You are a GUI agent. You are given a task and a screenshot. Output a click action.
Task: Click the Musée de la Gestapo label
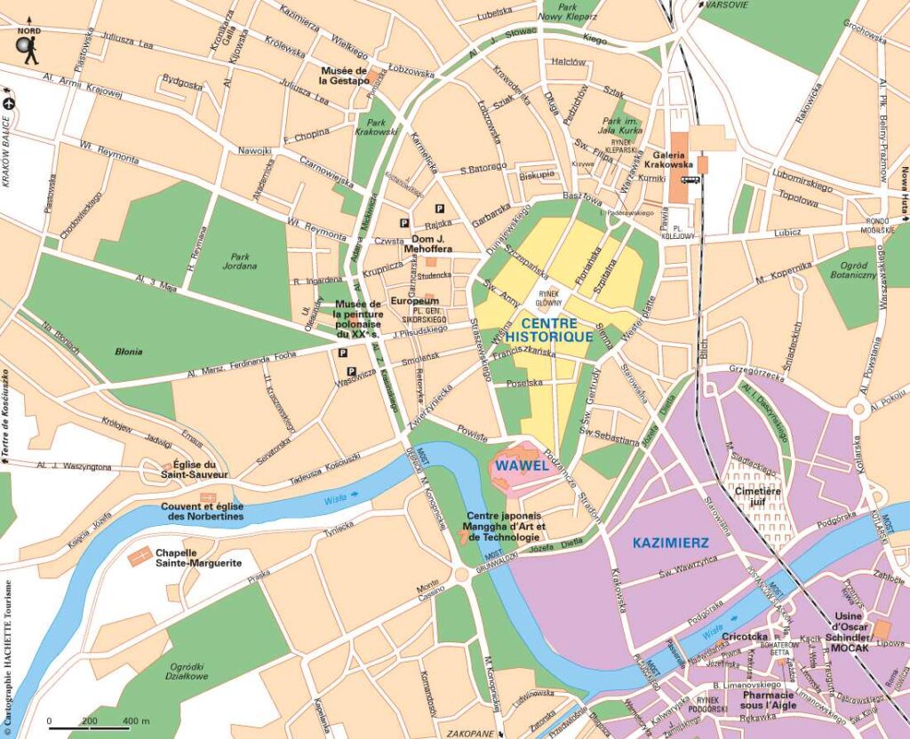click(x=344, y=75)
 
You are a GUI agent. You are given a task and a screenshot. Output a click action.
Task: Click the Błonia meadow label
click(x=129, y=352)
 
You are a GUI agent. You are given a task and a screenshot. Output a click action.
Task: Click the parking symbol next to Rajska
click(x=406, y=224)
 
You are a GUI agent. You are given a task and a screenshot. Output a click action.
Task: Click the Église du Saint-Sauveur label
click(x=201, y=470)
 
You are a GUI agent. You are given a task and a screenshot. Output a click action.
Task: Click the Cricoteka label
click(x=745, y=637)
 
